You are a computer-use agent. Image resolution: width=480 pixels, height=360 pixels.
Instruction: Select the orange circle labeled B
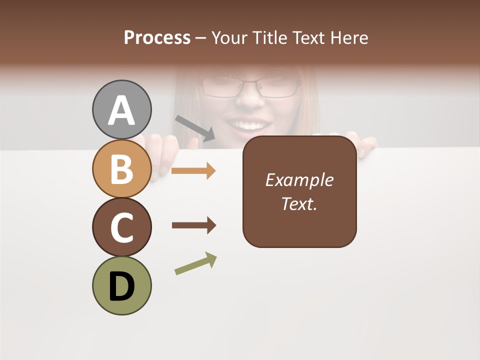pos(121,169)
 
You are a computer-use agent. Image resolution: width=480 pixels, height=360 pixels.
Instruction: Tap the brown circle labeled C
pos(121,227)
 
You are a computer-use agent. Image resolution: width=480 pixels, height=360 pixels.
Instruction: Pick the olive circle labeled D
pos(121,285)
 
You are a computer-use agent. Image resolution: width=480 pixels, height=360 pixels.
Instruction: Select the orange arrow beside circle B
pos(193,170)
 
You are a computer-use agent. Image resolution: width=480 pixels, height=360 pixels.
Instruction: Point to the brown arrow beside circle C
pos(194,225)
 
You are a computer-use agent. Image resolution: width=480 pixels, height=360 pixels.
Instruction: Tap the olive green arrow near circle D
pos(195,263)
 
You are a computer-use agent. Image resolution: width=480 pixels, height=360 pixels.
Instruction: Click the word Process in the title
pos(157,37)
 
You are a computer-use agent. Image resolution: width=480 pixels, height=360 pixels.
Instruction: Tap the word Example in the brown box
pos(299,180)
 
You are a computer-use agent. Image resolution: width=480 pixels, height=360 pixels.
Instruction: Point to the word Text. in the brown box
pos(299,203)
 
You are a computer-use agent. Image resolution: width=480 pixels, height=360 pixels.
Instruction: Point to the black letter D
pos(121,286)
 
